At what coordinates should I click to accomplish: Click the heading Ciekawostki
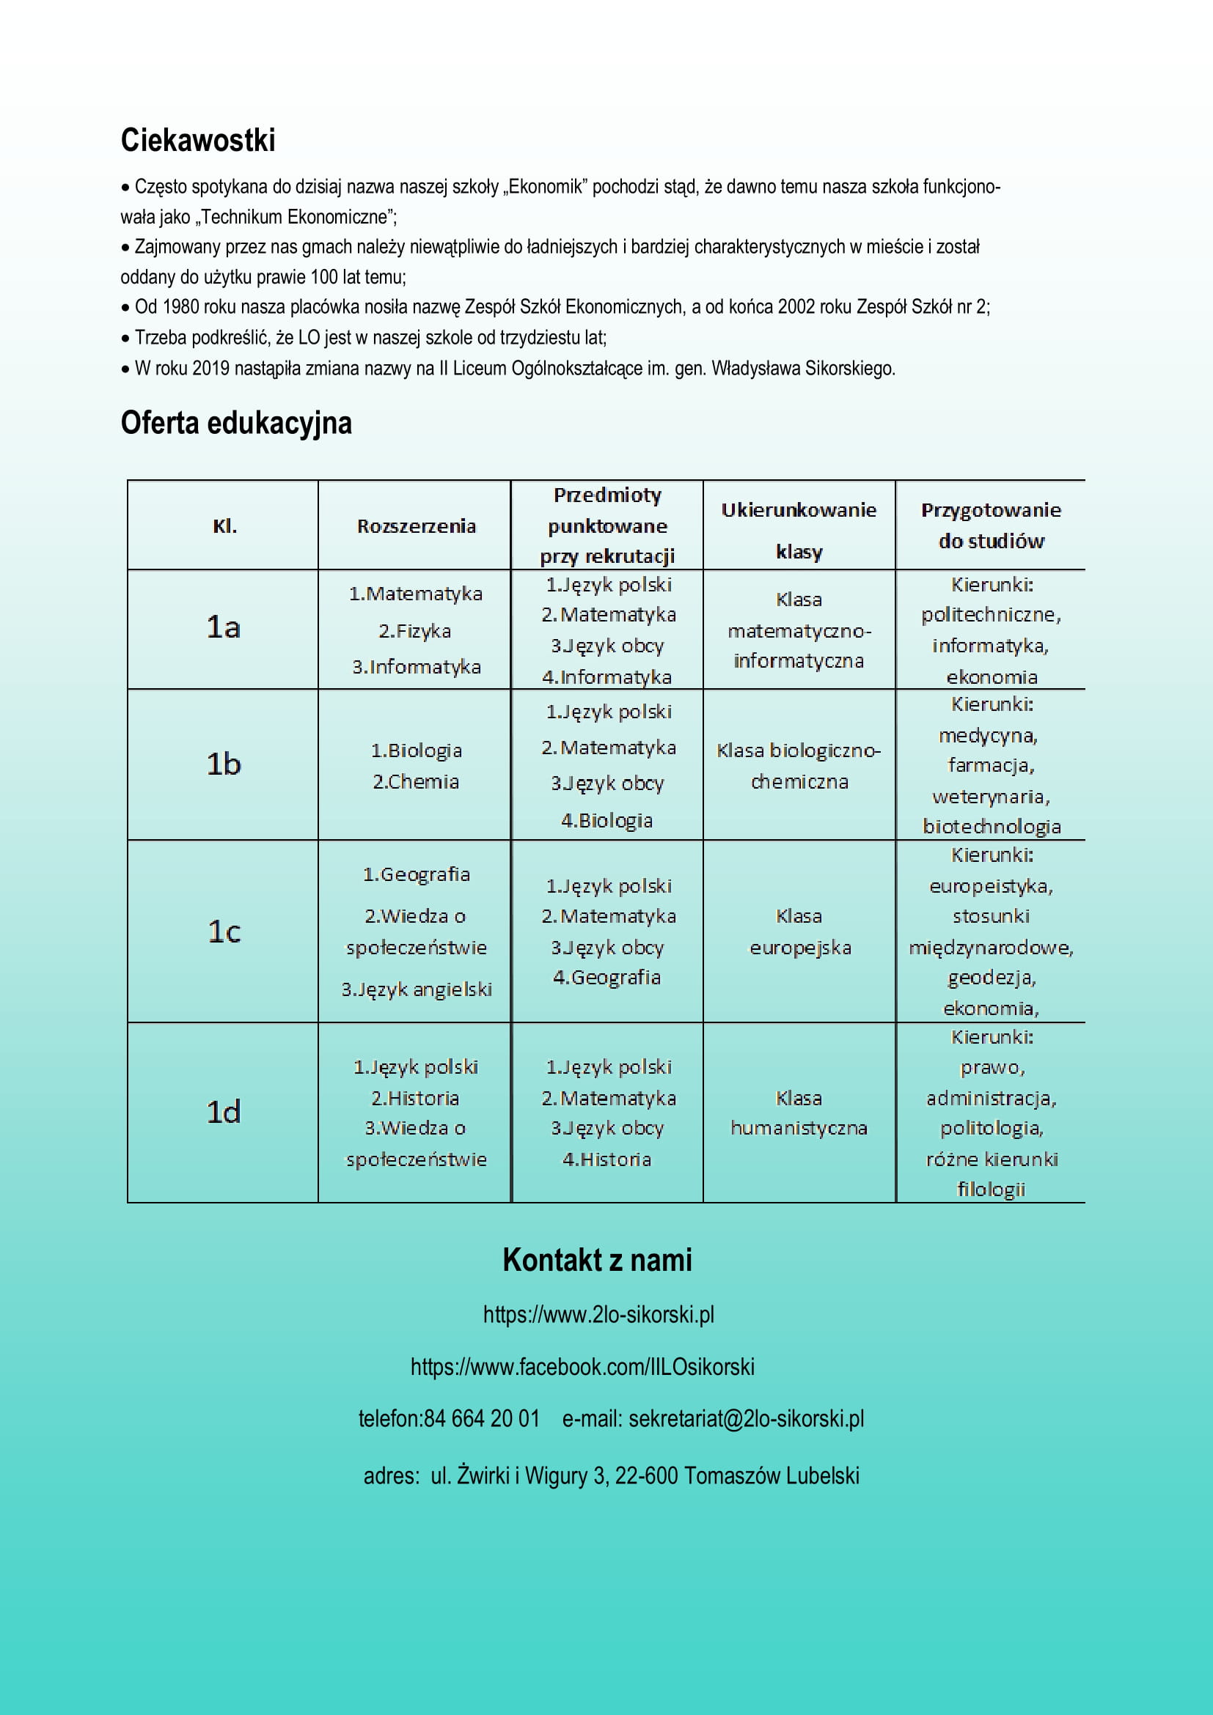pyautogui.click(x=198, y=141)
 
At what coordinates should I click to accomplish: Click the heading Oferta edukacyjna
pyautogui.click(x=236, y=423)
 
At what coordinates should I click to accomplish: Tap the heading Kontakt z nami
pyautogui.click(x=597, y=1259)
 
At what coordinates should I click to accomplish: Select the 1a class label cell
pyautogui.click(x=224, y=627)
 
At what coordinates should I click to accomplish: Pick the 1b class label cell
pyautogui.click(x=224, y=764)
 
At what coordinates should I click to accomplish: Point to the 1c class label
pyautogui.click(x=224, y=932)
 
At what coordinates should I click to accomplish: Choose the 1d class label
pyautogui.click(x=224, y=1113)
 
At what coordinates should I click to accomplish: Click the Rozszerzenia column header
pyautogui.click(x=417, y=525)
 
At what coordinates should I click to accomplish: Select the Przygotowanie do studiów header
pyautogui.click(x=991, y=525)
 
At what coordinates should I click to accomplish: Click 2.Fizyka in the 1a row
pyautogui.click(x=415, y=631)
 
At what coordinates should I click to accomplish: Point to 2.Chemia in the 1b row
pyautogui.click(x=416, y=781)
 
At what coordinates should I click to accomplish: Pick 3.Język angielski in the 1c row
pyautogui.click(x=417, y=989)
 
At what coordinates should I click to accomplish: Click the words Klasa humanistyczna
pyautogui.click(x=798, y=1113)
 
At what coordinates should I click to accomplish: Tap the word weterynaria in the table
pyautogui.click(x=990, y=796)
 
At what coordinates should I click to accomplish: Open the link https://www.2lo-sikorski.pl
pyautogui.click(x=598, y=1314)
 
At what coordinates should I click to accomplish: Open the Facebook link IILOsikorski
pyautogui.click(x=582, y=1366)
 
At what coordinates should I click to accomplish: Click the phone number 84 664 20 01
pyautogui.click(x=481, y=1417)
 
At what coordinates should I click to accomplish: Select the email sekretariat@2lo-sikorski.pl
pyautogui.click(x=746, y=1417)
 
